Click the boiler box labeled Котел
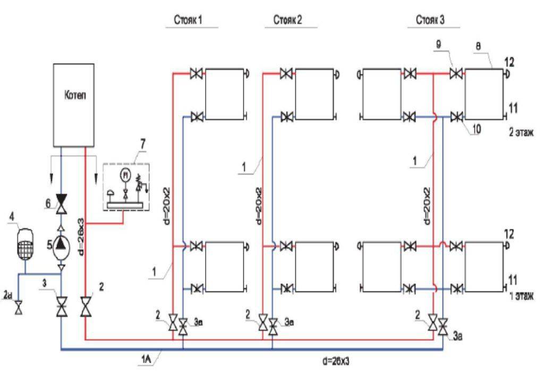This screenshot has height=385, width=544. pyautogui.click(x=74, y=104)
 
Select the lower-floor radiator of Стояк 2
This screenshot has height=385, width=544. pyautogui.click(x=314, y=267)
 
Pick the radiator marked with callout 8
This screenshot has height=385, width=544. pyautogui.click(x=484, y=94)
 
